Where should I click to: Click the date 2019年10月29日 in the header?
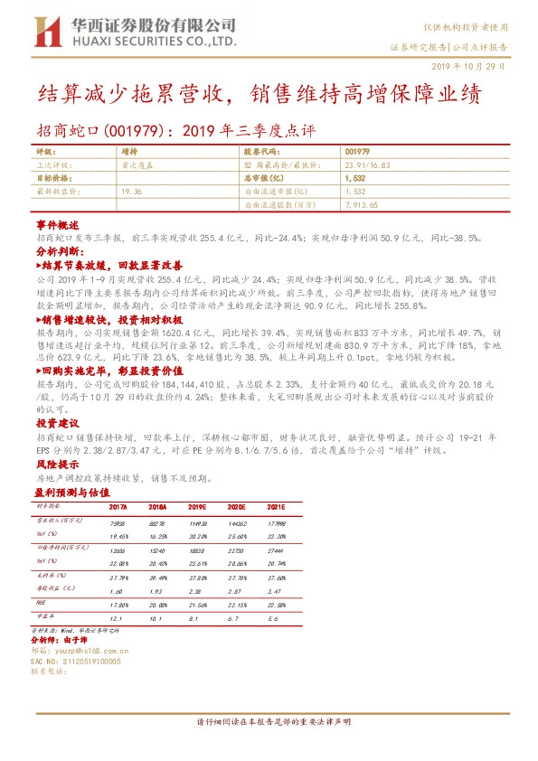pyautogui.click(x=477, y=65)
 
